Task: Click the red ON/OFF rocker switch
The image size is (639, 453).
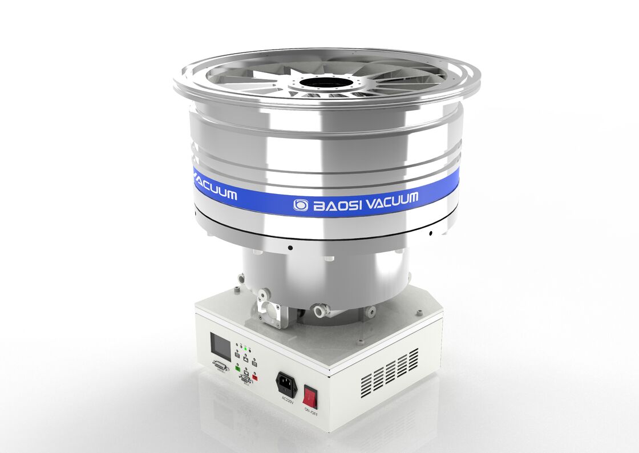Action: (x=310, y=395)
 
